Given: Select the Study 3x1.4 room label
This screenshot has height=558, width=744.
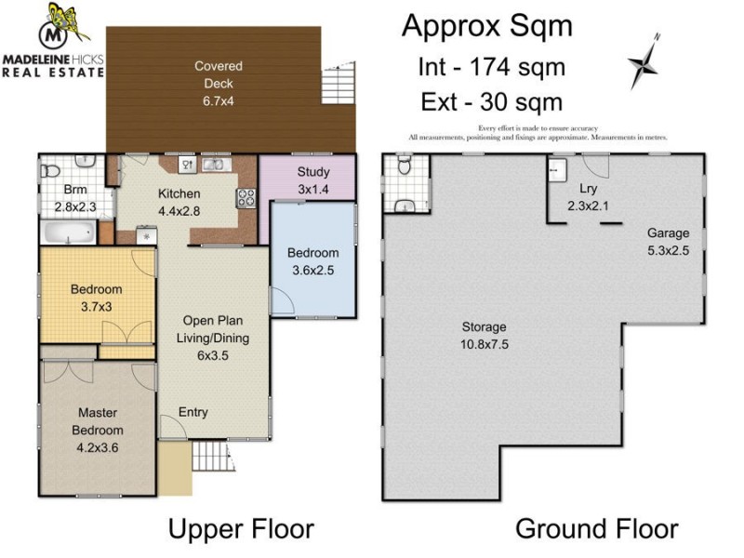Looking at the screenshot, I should [x=313, y=179].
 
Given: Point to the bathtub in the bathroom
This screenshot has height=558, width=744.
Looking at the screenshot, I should [x=66, y=230].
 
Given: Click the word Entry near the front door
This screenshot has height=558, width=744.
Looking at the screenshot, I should [x=193, y=412].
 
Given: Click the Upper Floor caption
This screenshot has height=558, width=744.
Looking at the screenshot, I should [x=240, y=529].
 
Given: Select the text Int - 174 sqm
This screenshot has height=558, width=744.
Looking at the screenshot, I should [x=493, y=67].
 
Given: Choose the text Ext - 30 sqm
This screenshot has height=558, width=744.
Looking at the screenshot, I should [x=493, y=100].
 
